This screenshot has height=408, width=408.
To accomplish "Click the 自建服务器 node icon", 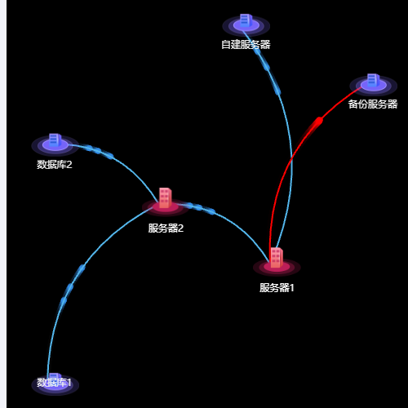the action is [246, 20].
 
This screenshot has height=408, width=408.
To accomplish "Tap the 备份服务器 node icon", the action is [373, 81].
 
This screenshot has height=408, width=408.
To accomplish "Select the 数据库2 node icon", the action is [55, 140].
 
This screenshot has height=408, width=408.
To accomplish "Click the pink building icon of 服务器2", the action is [165, 198].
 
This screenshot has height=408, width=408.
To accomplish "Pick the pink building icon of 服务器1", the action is [277, 258].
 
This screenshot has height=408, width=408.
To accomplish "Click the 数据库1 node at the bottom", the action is [55, 384].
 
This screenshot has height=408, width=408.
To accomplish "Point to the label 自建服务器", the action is [246, 45].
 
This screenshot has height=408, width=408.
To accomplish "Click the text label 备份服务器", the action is [373, 104].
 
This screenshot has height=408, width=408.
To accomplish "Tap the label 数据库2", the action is [55, 165].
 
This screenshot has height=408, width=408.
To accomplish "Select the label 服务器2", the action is [166, 228].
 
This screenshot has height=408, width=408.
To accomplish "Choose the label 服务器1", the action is [277, 288].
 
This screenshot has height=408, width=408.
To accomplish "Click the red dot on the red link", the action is [319, 121].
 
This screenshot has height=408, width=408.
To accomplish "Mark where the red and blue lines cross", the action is [291, 159].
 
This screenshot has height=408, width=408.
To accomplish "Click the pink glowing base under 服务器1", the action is [277, 267].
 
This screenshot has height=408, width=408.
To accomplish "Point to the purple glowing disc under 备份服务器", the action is [373, 86].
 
